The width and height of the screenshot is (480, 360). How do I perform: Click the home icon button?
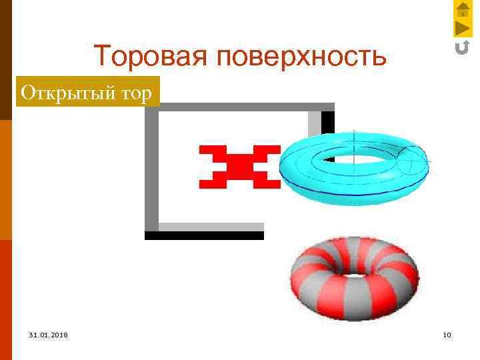click(462, 9)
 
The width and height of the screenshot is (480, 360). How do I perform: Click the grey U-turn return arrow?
click(462, 47)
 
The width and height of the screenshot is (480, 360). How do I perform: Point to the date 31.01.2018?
click(48, 334)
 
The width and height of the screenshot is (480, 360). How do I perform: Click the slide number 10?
click(446, 334)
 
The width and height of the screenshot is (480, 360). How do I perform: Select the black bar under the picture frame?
click(204, 235)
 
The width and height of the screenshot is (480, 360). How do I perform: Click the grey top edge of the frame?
click(240, 107)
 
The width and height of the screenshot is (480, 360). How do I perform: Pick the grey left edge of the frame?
click(151, 167)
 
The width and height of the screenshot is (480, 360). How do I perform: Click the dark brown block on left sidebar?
click(5, 60)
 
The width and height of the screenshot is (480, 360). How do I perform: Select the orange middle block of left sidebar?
click(5, 180)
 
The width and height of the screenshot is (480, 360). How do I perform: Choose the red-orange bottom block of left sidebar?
click(5, 300)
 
